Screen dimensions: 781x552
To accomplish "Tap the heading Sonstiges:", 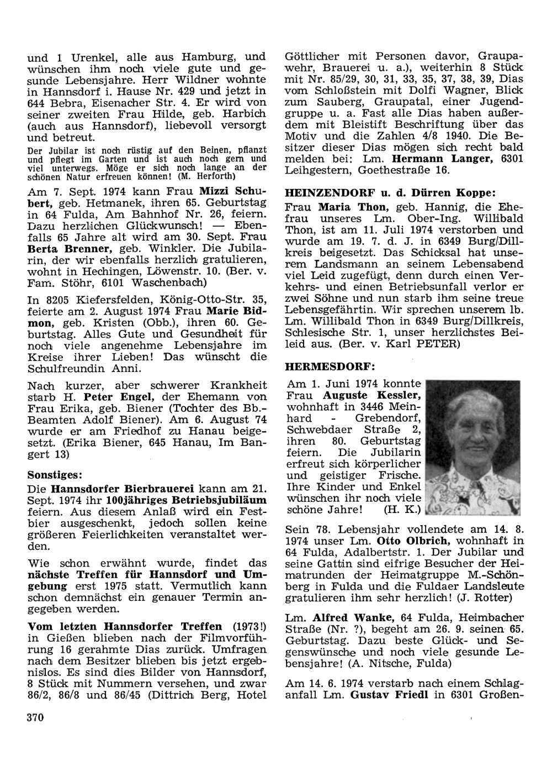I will pos(55,475).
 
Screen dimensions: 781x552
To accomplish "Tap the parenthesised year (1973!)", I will pos(247,627).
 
